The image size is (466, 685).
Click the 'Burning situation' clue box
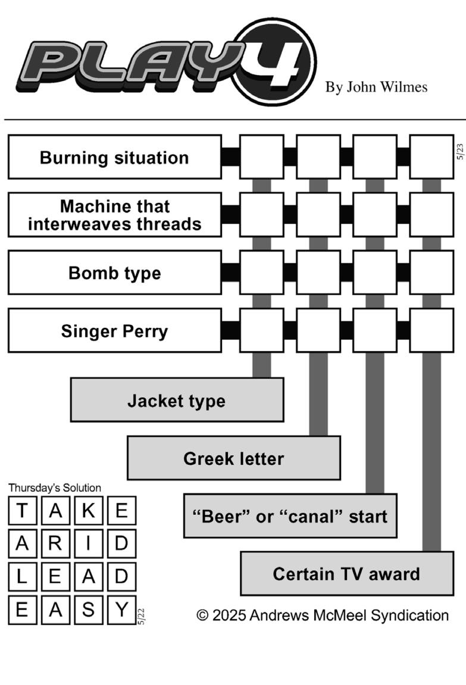(x=115, y=157)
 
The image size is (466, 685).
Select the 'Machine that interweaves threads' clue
(x=115, y=215)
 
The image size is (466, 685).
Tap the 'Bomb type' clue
(x=115, y=273)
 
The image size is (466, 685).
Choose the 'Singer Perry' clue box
(x=115, y=331)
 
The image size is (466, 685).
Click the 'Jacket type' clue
(x=177, y=400)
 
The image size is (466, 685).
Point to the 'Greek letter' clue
(x=234, y=458)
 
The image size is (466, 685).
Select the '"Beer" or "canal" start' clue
(x=290, y=516)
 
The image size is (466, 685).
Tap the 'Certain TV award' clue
(x=347, y=574)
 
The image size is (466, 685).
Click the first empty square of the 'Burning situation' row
(x=262, y=157)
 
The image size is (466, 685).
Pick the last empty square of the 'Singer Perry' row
(x=431, y=331)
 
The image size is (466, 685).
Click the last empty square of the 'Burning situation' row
(x=431, y=157)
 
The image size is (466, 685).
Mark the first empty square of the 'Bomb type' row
(x=262, y=273)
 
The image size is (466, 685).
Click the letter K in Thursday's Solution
(x=89, y=510)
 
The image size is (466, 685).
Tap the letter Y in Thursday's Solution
(x=122, y=609)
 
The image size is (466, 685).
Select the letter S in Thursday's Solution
(x=89, y=609)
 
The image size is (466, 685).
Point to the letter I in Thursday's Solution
(x=89, y=543)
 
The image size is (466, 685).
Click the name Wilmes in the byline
(x=404, y=87)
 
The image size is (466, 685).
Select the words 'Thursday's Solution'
(x=55, y=487)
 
